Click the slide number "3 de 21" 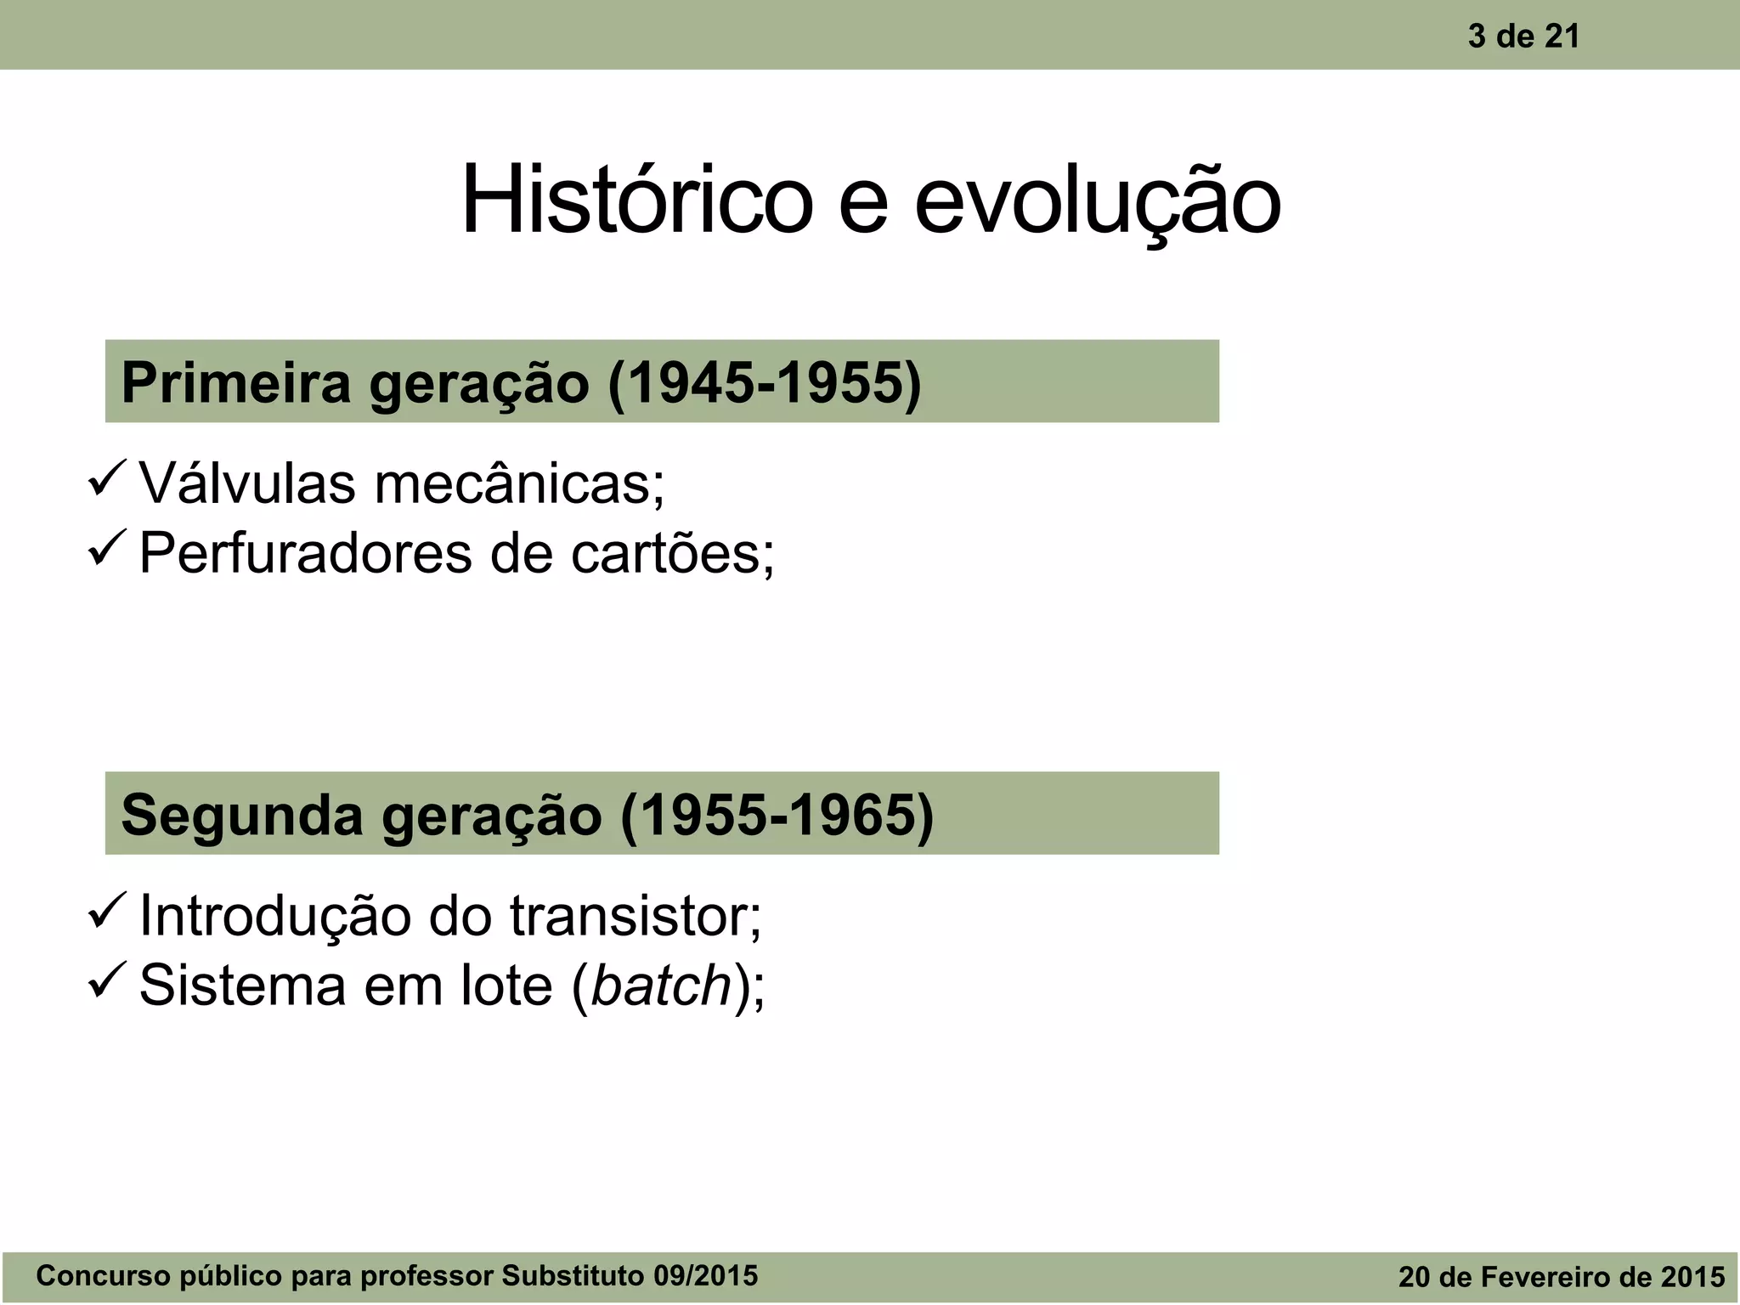tap(1523, 37)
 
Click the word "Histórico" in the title tap(636, 201)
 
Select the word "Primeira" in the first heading tap(235, 382)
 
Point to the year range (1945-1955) tap(765, 382)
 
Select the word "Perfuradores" tap(305, 554)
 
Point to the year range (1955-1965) tap(777, 814)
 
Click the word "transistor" tap(636, 917)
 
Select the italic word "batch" tap(661, 986)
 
